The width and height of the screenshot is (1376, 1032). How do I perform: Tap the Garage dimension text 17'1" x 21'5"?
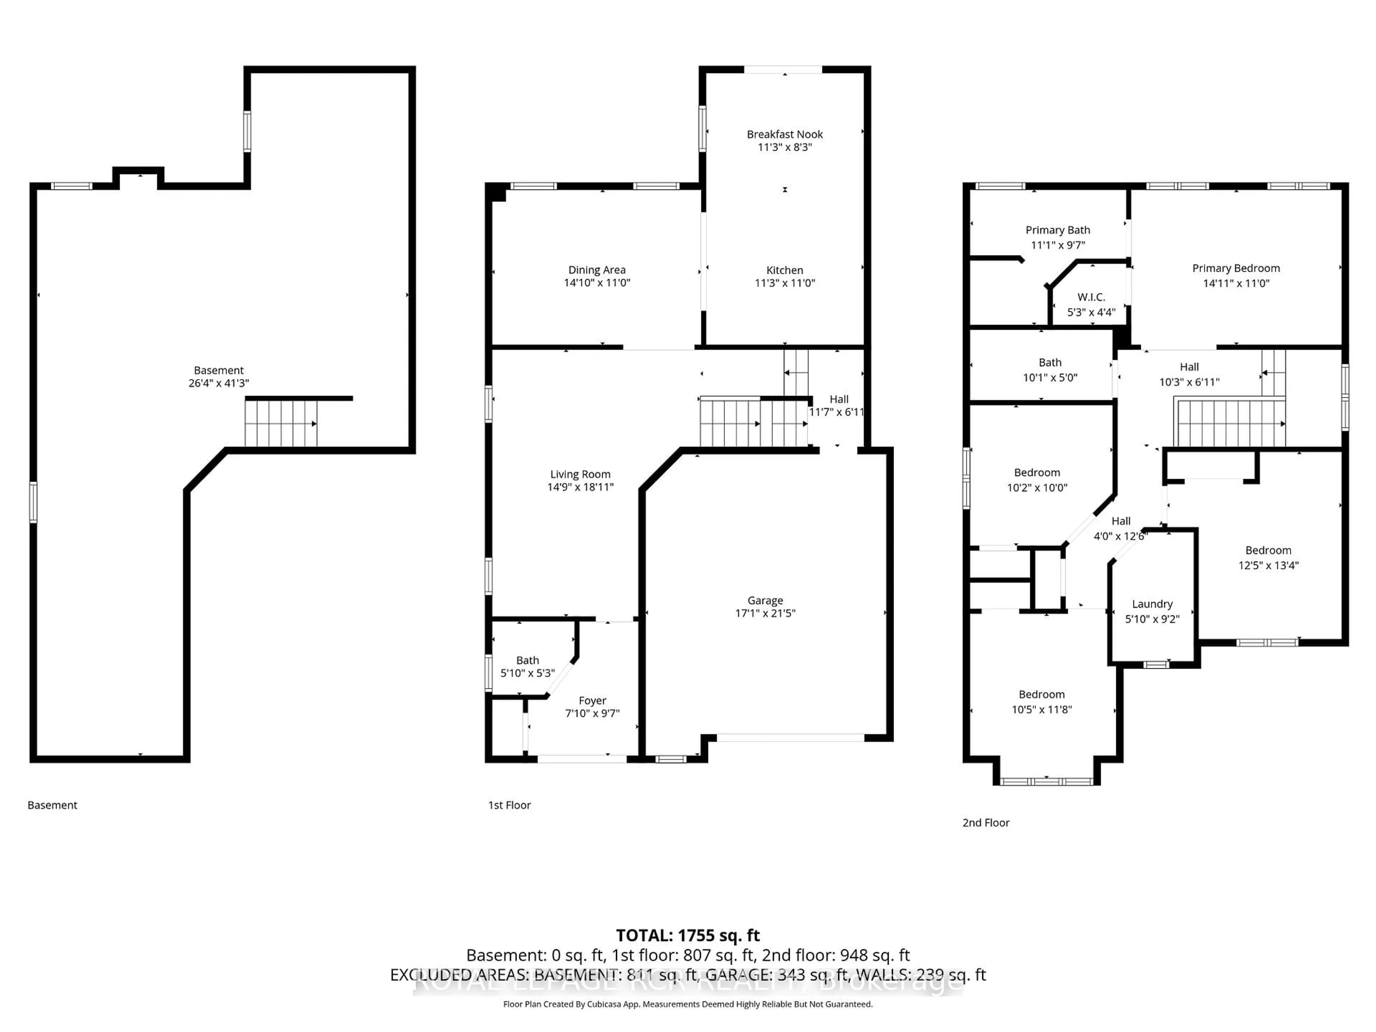pyautogui.click(x=765, y=613)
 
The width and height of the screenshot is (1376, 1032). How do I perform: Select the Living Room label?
pyautogui.click(x=580, y=474)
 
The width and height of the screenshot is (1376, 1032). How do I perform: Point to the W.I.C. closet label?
pyautogui.click(x=1091, y=297)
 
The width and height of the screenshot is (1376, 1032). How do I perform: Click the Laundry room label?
pyautogui.click(x=1152, y=604)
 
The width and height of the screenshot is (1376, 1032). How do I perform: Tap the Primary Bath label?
pyautogui.click(x=1057, y=230)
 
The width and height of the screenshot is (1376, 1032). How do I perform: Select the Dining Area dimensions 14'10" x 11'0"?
pyautogui.click(x=597, y=282)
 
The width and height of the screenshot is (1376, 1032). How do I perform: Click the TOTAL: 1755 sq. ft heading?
pyautogui.click(x=687, y=936)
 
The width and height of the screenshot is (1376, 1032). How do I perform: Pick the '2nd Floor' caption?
pyautogui.click(x=986, y=822)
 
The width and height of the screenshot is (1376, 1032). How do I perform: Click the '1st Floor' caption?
pyautogui.click(x=510, y=805)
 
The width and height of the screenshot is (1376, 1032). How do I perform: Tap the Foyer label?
pyautogui.click(x=592, y=701)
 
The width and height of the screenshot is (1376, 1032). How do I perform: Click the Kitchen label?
pyautogui.click(x=784, y=270)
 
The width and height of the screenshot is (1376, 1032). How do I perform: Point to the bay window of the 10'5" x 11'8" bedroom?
pyautogui.click(x=1047, y=781)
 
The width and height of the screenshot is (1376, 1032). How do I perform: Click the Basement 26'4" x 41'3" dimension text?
pyautogui.click(x=219, y=383)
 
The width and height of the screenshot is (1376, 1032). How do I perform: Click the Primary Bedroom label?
pyautogui.click(x=1236, y=268)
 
